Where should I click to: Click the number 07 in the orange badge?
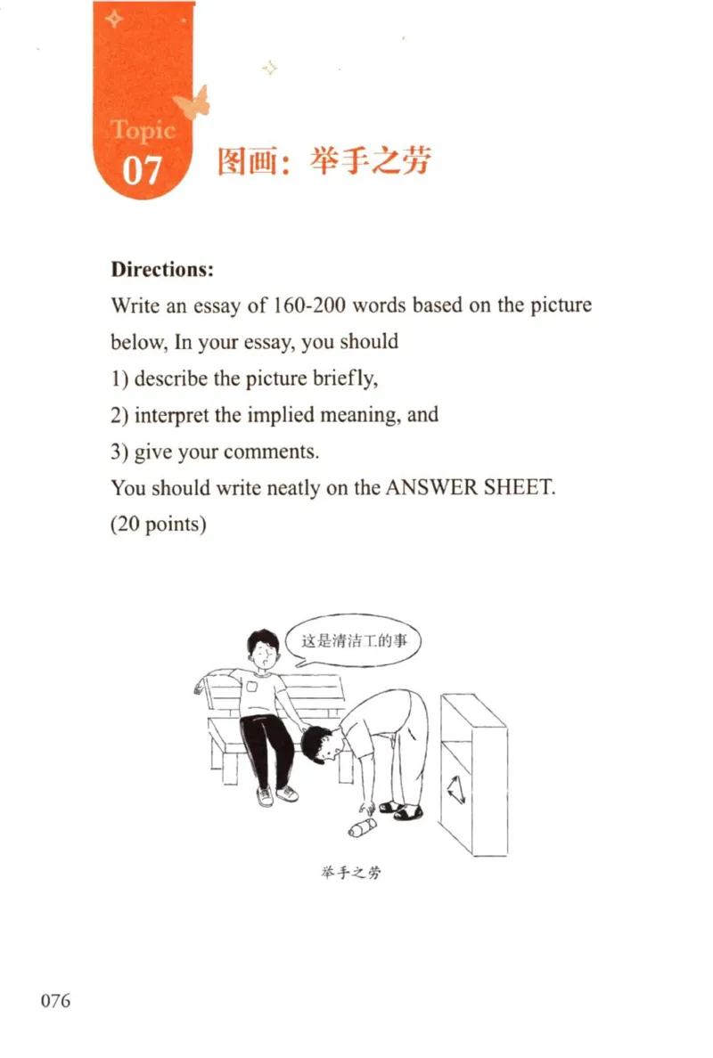(141, 167)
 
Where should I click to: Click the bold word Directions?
(162, 268)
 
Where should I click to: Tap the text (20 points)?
(159, 525)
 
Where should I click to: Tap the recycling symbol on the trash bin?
(460, 788)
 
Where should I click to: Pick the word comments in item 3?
(270, 452)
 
